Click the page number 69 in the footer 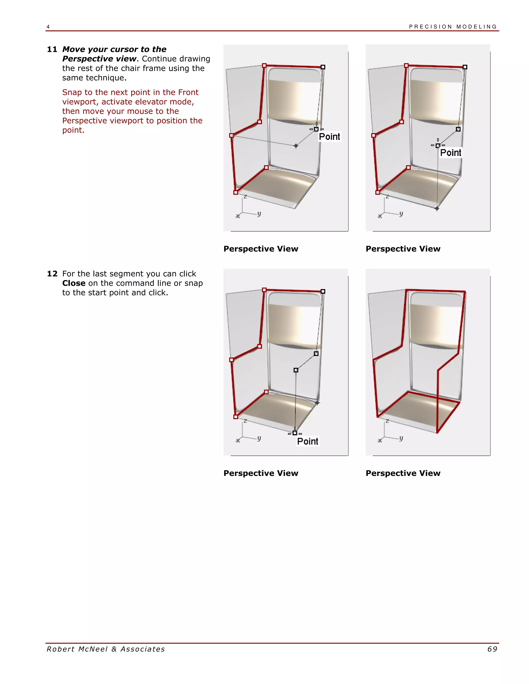click(x=492, y=649)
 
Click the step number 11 click(x=52, y=50)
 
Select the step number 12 click(x=52, y=274)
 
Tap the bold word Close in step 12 click(x=74, y=283)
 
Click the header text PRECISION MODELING click(x=453, y=27)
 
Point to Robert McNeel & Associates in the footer click(x=106, y=649)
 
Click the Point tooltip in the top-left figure click(x=329, y=137)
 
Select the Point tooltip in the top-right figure click(x=450, y=153)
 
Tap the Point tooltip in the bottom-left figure click(x=307, y=441)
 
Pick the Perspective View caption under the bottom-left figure click(x=261, y=473)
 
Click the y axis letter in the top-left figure click(x=259, y=214)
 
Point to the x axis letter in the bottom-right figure click(x=380, y=441)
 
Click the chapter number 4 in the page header click(x=48, y=27)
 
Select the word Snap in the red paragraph click(x=72, y=92)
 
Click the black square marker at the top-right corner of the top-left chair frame click(x=323, y=67)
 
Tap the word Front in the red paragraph click(x=188, y=92)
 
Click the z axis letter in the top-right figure click(x=387, y=197)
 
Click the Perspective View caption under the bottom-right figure click(x=403, y=473)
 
